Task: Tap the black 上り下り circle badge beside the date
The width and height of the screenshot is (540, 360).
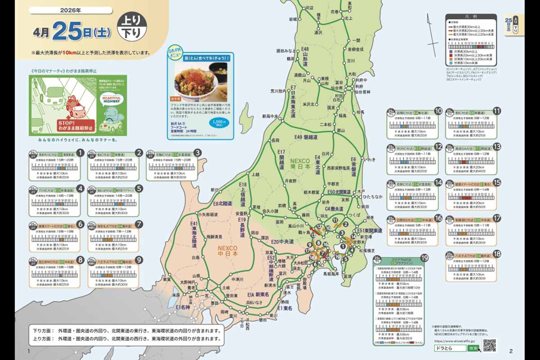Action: pyautogui.click(x=130, y=27)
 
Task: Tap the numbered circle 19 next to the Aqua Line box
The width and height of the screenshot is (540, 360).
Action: pyautogui.click(x=424, y=258)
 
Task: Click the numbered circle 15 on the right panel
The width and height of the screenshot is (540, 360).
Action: pyautogui.click(x=497, y=182)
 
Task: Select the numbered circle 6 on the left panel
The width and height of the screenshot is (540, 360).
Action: pyautogui.click(x=80, y=224)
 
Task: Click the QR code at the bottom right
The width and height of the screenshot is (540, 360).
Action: pyautogui.click(x=489, y=345)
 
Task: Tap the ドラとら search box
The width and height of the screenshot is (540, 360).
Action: pyautogui.click(x=450, y=348)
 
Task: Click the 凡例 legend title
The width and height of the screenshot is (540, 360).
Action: pyautogui.click(x=471, y=17)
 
